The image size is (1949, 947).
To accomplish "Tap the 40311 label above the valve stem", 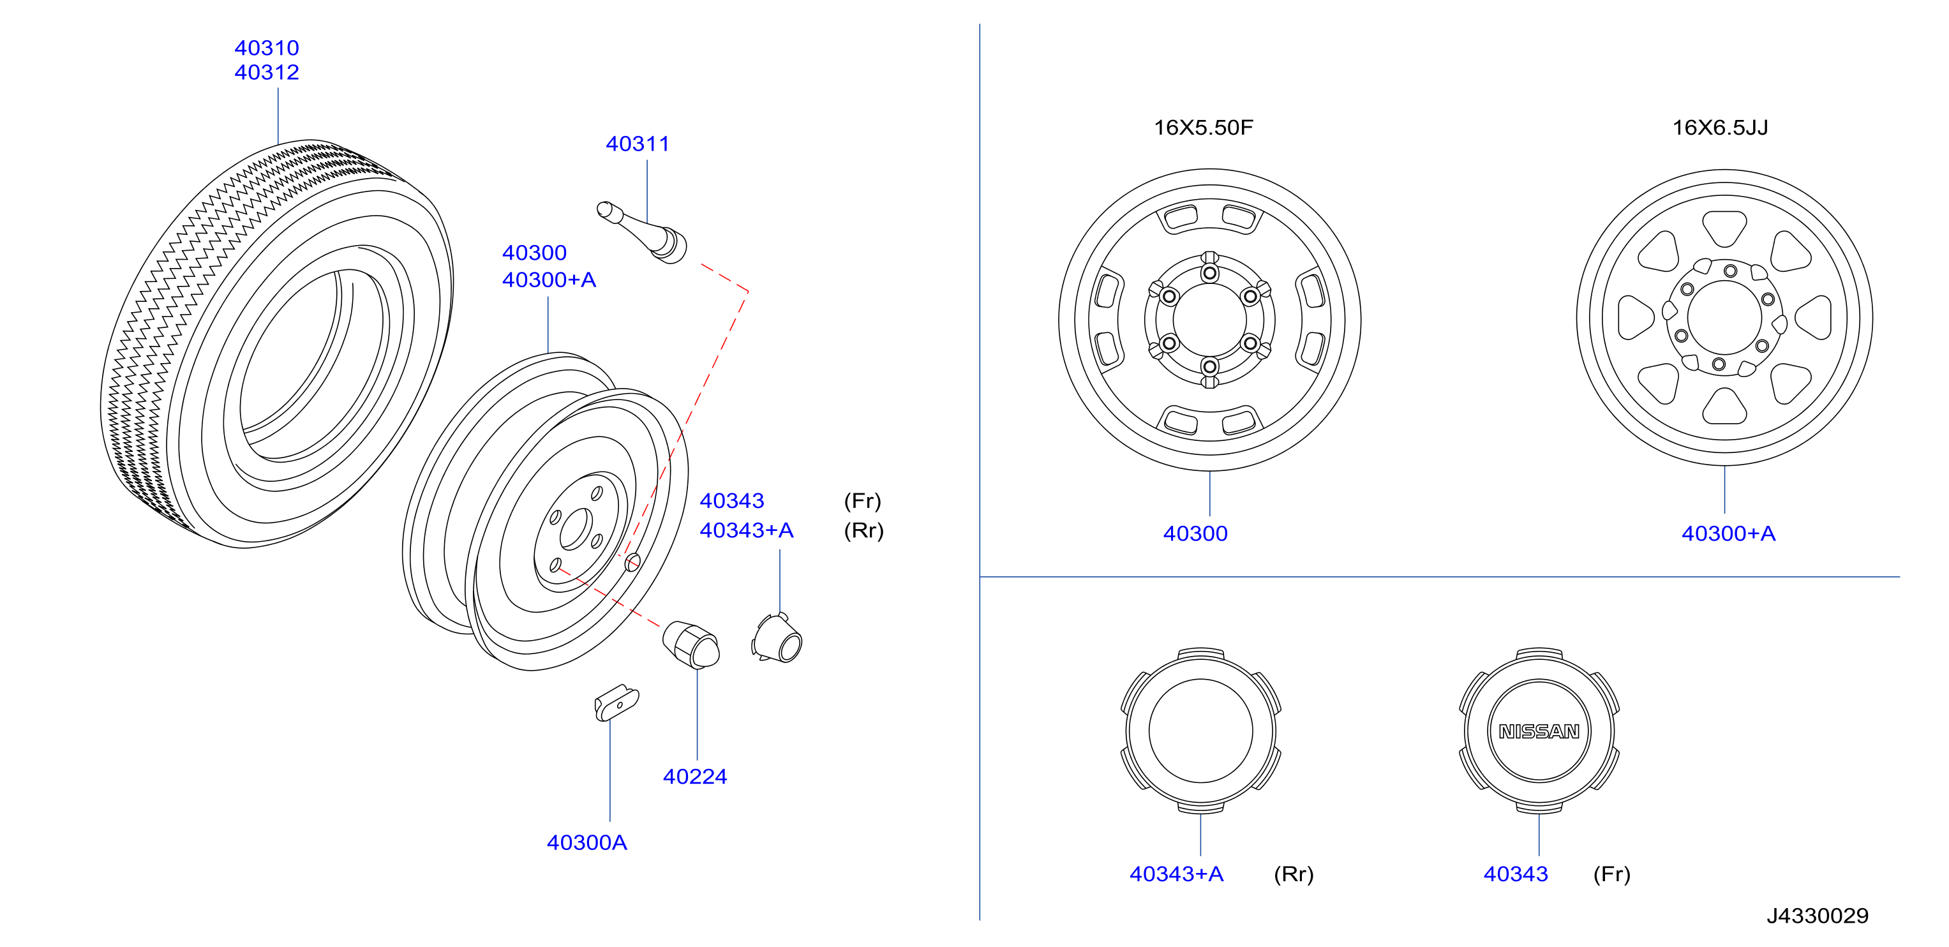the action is [637, 144].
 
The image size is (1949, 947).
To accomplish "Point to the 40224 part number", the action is [694, 777].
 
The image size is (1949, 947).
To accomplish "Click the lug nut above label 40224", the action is [691, 645].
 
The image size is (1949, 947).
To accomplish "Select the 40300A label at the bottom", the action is [586, 842].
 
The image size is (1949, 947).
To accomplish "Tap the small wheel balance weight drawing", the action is [616, 703].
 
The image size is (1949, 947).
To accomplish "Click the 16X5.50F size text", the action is [1203, 127].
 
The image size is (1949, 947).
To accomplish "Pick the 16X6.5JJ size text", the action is [1720, 127].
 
